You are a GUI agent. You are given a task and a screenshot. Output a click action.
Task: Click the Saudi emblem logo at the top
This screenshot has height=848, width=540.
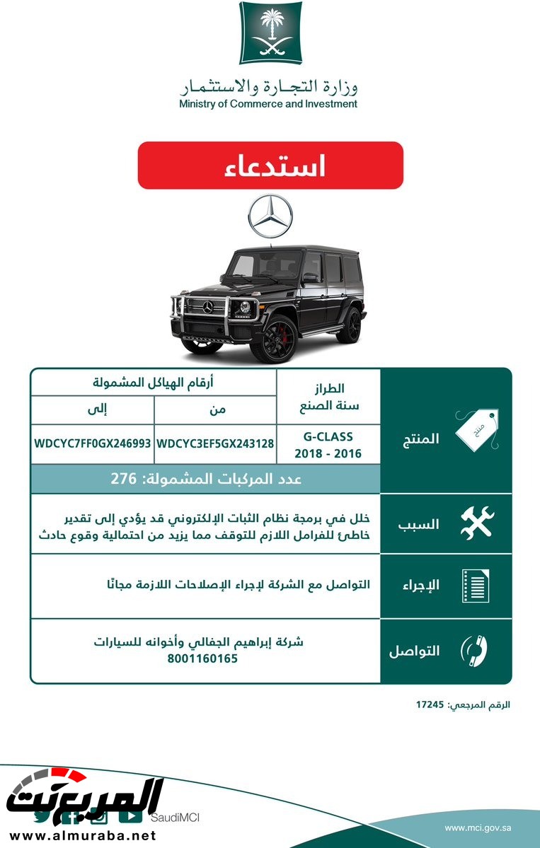pyautogui.click(x=270, y=33)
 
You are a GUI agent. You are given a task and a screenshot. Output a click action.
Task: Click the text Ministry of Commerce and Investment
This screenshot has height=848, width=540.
pyautogui.click(x=268, y=104)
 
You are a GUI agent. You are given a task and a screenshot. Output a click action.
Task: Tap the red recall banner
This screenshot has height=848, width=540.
pyautogui.click(x=270, y=165)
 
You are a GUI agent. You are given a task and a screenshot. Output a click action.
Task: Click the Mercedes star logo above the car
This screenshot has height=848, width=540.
pyautogui.click(x=270, y=216)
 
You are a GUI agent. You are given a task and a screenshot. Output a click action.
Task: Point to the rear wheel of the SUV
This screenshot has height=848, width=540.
pyautogui.click(x=349, y=325)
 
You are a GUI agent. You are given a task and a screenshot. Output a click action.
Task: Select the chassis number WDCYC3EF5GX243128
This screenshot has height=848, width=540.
pyautogui.click(x=215, y=444)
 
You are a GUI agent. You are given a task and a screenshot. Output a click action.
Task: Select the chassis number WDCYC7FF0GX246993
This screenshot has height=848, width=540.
pyautogui.click(x=93, y=444)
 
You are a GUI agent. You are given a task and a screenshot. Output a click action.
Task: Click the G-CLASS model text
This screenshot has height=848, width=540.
pyautogui.click(x=328, y=437)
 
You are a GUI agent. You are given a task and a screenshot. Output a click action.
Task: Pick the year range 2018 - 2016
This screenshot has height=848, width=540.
pyautogui.click(x=328, y=453)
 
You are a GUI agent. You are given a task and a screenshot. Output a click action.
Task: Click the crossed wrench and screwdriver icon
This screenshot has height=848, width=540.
pyautogui.click(x=477, y=523)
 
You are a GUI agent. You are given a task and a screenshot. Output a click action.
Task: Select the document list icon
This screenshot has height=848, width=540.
pyautogui.click(x=476, y=585)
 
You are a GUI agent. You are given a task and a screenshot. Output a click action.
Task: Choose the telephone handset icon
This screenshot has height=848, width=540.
pyautogui.click(x=476, y=651)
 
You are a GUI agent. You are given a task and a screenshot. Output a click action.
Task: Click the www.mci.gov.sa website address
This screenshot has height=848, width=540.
pyautogui.click(x=478, y=827)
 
